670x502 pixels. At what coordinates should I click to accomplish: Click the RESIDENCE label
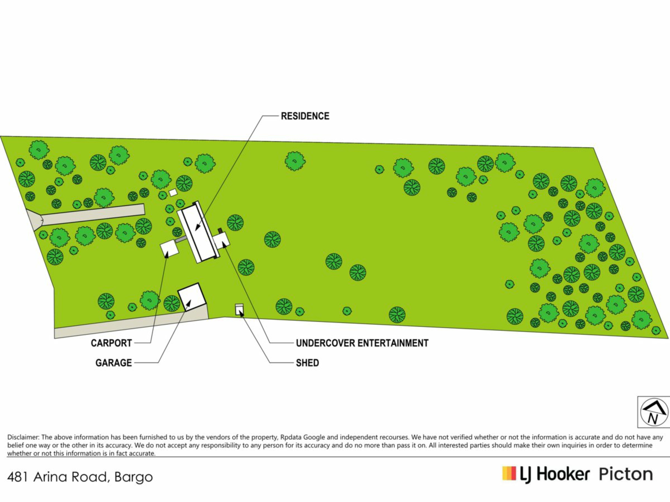pos(305,116)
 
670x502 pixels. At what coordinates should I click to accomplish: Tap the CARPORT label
pos(111,343)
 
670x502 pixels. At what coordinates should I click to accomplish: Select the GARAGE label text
pos(114,363)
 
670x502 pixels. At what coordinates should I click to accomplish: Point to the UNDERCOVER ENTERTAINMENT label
pos(362,343)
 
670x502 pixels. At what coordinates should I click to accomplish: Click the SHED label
pos(307,363)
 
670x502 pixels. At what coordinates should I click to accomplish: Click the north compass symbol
pos(654,412)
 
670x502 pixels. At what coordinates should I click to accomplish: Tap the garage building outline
pos(192,297)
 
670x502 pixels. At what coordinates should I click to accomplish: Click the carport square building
pos(169,248)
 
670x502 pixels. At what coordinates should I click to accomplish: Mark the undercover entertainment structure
pos(221,241)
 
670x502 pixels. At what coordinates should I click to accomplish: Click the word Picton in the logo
pos(626,474)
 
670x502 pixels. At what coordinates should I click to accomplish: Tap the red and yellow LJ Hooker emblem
pos(509,473)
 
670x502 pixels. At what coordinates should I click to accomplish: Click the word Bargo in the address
pos(134,477)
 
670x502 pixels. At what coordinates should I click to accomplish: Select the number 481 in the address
pos(17,477)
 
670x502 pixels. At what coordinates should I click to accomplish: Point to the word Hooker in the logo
pos(563,474)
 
